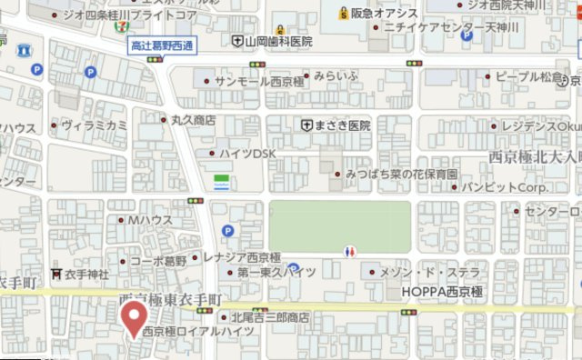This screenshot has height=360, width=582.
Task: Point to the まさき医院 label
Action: point(342,125)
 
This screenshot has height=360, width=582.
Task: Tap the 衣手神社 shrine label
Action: point(85,275)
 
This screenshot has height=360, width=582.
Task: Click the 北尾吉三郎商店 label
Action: point(270,317)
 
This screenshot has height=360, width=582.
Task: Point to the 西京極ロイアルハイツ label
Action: point(197,332)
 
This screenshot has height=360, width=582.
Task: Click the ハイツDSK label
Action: point(242,154)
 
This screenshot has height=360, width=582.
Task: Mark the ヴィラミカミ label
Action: point(94,125)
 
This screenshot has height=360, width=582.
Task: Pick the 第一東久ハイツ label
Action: point(276,272)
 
